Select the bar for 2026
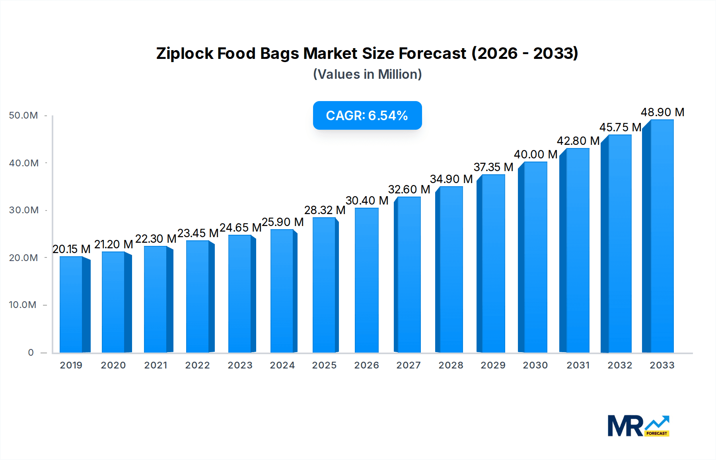coord(367,281)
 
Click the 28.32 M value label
coord(325,210)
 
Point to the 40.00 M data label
coord(535,154)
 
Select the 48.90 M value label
coord(662,112)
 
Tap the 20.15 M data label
coord(72,249)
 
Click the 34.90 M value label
coord(451,179)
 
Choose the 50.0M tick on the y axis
coord(23,115)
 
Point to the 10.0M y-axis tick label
coord(23,305)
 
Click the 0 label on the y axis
coord(31,353)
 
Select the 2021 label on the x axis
coord(156,365)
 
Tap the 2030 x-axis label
coord(535,365)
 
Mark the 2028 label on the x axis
coord(451,365)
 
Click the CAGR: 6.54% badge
coord(367,115)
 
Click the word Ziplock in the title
coord(185,53)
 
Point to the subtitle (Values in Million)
coord(367,74)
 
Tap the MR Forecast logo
coord(638,426)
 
